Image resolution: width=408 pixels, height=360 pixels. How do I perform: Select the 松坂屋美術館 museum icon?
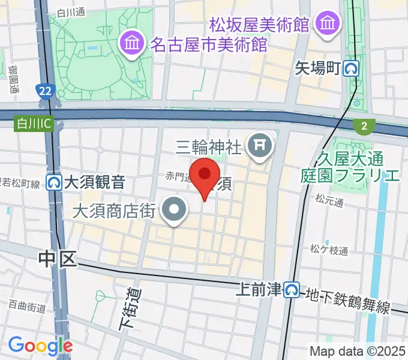point(328,25)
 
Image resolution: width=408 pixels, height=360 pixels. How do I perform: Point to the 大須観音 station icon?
point(55,181)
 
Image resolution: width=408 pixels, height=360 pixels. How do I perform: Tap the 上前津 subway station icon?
point(292,290)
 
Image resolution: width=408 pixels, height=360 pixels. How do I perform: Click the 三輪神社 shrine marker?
point(260,145)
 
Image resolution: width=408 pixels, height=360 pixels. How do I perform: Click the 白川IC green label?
point(26,123)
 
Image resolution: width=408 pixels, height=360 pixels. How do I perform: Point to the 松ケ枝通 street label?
point(329,250)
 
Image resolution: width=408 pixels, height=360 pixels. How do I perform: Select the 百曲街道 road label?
point(26,307)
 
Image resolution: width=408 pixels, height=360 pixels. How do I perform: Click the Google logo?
point(40,346)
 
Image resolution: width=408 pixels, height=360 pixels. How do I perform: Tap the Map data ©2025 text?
point(357,351)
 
